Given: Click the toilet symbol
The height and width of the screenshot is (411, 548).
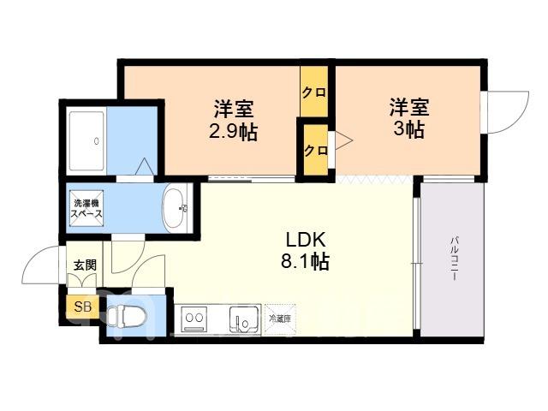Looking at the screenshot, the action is [125, 316].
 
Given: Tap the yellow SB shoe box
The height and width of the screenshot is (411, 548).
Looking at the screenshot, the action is [84, 307].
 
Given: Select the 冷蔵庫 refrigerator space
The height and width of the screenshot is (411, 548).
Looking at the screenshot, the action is [280, 319].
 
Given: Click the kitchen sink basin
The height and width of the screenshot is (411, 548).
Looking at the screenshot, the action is [244, 319].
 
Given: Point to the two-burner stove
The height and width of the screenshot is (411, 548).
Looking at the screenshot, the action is [194, 319].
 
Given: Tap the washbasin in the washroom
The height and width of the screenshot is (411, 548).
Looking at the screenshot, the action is [176, 208].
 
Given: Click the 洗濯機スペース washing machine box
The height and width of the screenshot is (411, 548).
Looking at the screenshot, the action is [86, 208].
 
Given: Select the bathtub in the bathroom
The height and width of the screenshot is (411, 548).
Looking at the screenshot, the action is [86, 142].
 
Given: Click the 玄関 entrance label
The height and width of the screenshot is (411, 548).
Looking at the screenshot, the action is [85, 265].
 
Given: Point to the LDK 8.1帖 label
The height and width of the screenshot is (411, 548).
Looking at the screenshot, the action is [305, 250].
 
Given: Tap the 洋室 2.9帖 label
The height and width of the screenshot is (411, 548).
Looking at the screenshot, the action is [234, 120].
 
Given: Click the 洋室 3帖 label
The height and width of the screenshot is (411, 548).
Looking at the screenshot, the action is [409, 118].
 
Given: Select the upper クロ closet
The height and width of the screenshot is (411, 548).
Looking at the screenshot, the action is [314, 92].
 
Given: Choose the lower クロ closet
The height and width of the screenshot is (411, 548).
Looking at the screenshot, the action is [316, 151].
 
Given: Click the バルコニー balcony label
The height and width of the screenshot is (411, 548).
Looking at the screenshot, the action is [455, 259].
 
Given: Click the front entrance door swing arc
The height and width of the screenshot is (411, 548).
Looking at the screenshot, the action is [33, 258].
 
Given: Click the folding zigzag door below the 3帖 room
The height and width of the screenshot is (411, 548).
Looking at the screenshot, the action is [375, 179].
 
